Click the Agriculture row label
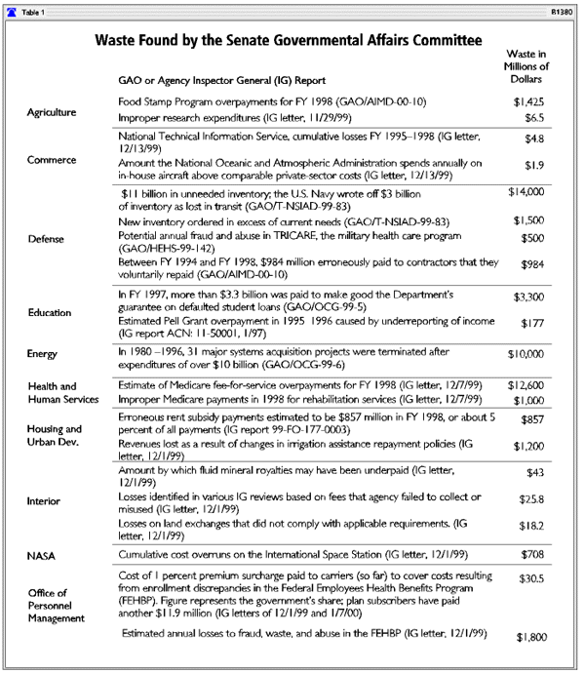pos(52,112)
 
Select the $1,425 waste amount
pos(526,100)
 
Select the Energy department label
pos(45,354)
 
